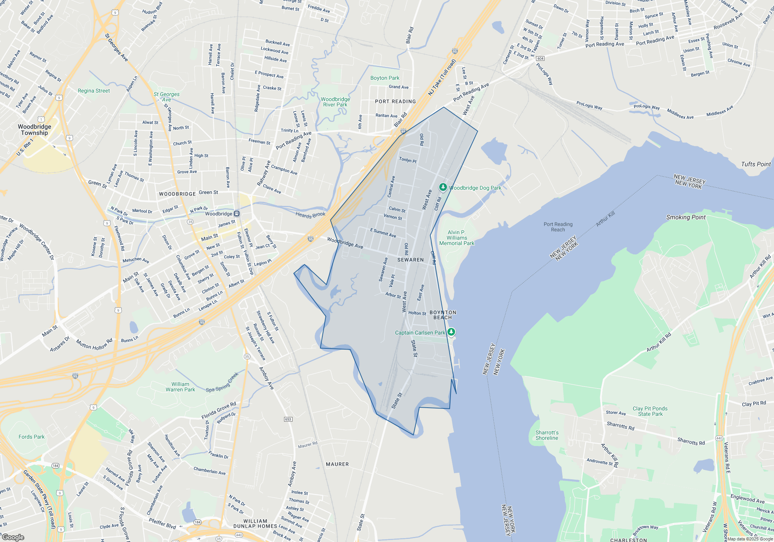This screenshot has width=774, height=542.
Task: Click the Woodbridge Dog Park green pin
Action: [443, 187]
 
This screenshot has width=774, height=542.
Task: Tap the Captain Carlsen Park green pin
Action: [451, 332]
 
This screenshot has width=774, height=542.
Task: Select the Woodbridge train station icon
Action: [237, 214]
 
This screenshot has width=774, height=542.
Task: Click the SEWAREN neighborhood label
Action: [410, 260]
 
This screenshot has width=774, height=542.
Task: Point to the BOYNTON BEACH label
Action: [443, 315]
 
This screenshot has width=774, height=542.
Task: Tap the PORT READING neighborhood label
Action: [395, 101]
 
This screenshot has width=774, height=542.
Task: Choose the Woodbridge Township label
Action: [34, 130]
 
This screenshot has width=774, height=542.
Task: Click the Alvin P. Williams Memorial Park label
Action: [457, 238]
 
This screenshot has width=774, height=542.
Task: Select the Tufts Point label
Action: [756, 164]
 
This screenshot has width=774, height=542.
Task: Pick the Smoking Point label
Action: [686, 217]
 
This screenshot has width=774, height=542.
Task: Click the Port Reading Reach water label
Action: [558, 227]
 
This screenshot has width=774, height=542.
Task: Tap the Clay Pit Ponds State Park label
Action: [650, 411]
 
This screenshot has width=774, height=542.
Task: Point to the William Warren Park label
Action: [180, 387]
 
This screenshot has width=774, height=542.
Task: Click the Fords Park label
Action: [32, 437]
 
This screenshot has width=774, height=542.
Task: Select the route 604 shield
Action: [540, 58]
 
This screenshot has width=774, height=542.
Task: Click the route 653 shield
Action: [288, 419]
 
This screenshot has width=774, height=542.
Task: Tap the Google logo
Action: [13, 537]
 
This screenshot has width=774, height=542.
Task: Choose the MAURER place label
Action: [337, 464]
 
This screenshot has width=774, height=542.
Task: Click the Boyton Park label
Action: [385, 78]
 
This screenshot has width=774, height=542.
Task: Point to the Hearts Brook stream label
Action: [310, 215]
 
